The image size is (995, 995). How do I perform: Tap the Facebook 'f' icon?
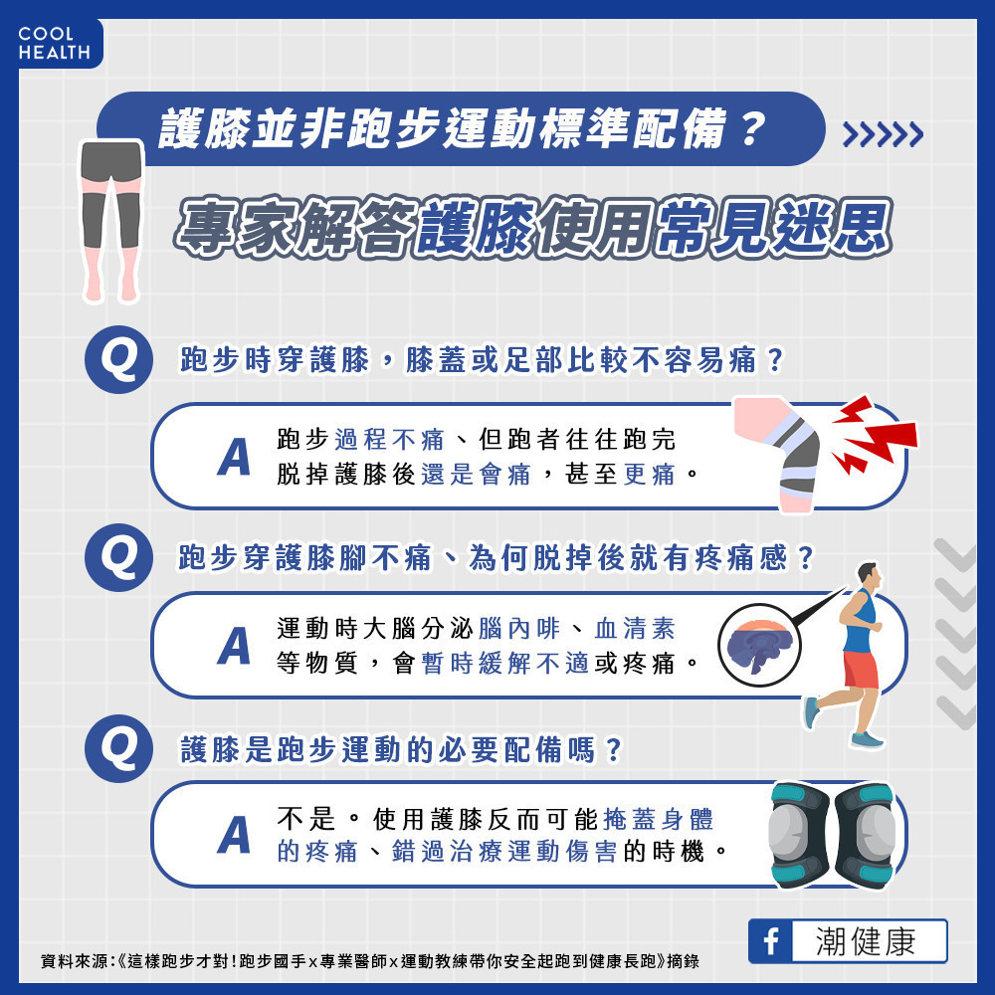click(770, 941)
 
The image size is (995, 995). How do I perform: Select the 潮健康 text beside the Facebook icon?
click(866, 941)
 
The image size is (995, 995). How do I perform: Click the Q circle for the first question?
click(118, 360)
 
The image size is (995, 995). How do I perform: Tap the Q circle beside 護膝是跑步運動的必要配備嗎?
click(118, 749)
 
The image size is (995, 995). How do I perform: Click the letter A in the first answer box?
click(234, 457)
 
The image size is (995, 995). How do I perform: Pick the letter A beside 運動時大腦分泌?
click(234, 646)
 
